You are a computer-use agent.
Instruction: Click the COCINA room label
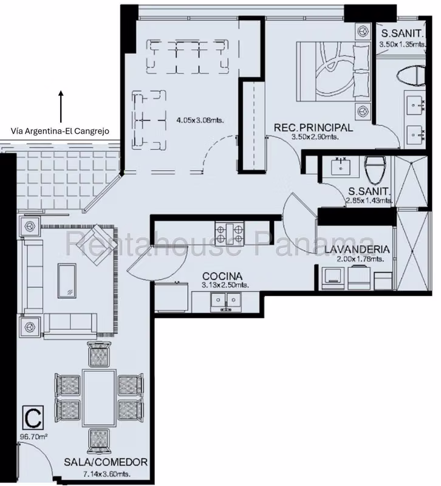(x=222, y=276)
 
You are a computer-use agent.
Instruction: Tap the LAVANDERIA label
(x=357, y=250)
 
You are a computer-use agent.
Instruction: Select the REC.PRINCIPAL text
(x=313, y=128)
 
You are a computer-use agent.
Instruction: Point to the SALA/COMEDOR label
(x=106, y=462)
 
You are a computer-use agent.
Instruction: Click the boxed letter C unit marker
(x=33, y=417)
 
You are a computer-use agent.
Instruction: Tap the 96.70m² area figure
(x=34, y=437)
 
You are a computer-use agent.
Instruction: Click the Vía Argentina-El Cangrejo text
(x=60, y=131)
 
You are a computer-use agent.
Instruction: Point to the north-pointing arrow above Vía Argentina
(x=61, y=106)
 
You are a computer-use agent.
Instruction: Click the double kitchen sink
(x=226, y=301)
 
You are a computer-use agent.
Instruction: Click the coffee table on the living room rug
(x=67, y=281)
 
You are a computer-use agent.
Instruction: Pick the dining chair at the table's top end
(x=99, y=354)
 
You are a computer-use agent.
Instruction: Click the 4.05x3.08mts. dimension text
(x=200, y=120)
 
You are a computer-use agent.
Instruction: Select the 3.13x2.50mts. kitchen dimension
(x=225, y=285)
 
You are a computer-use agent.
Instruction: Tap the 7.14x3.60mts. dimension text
(x=107, y=474)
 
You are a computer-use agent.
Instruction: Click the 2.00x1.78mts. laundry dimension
(x=360, y=259)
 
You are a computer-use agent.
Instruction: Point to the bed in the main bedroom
(x=333, y=72)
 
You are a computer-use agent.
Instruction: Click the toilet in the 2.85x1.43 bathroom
(x=375, y=169)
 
